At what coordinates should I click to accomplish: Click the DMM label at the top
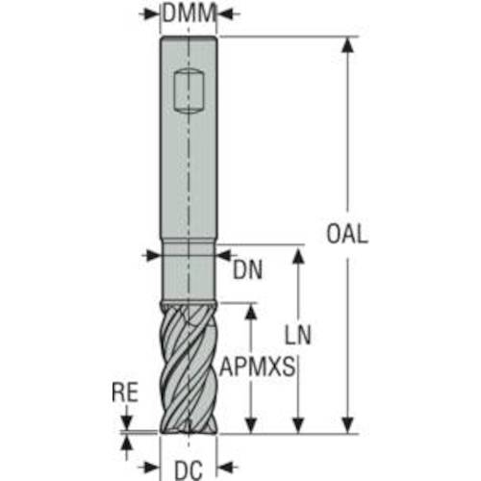(189, 13)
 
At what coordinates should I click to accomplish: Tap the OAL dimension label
(347, 234)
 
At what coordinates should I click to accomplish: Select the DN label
(247, 269)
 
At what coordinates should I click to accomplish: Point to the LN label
(298, 335)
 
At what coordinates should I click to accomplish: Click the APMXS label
(257, 367)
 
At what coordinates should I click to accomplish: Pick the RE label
(125, 392)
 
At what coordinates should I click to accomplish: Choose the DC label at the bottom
(189, 470)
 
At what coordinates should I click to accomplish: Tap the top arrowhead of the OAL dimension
(347, 45)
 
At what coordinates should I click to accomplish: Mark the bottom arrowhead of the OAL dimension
(347, 426)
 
